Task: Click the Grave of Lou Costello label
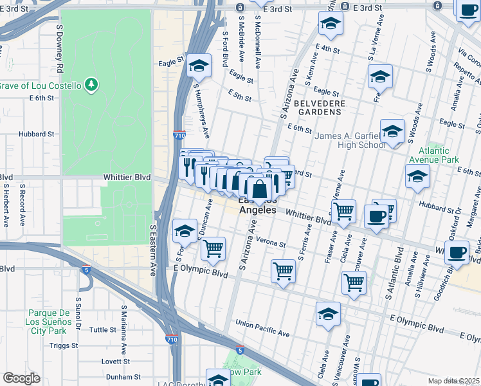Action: pyautogui.click(x=41, y=86)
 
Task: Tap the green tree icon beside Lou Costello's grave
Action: pyautogui.click(x=91, y=84)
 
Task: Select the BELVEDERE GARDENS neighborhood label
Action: pyautogui.click(x=320, y=107)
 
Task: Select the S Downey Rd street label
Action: pyautogui.click(x=59, y=57)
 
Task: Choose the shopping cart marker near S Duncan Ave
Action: pyautogui.click(x=213, y=248)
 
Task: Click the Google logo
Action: pyautogui.click(x=22, y=378)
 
